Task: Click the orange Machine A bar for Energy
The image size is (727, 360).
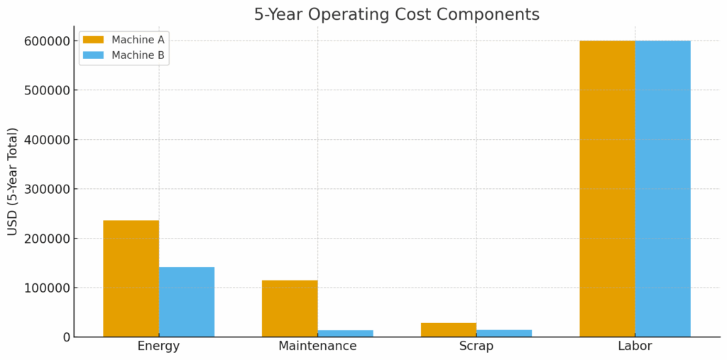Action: [131, 278]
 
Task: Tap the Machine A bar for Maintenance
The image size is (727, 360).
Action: [290, 308]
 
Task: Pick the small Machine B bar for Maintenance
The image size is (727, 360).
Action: [346, 333]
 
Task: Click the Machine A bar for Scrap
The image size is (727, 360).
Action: [449, 329]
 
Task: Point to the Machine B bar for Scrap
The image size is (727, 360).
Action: [504, 333]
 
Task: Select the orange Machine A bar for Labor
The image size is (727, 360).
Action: [607, 188]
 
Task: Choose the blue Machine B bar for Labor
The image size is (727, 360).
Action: [662, 188]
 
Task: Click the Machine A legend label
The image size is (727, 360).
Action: [138, 40]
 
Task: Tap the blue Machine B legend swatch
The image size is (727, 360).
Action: [93, 55]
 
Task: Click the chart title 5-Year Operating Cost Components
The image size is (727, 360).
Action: [396, 14]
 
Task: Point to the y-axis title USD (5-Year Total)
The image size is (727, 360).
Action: [13, 181]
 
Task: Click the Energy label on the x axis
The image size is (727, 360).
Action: [158, 347]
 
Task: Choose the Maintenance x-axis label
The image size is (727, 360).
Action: [317, 347]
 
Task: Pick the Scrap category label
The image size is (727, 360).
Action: [476, 347]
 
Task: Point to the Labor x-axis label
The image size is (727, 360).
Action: [635, 347]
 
